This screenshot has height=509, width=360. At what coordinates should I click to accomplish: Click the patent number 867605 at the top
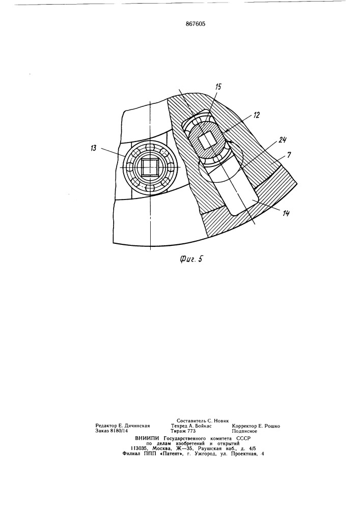pyautogui.click(x=196, y=24)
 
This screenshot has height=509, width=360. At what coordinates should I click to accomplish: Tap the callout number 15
pyautogui.click(x=218, y=87)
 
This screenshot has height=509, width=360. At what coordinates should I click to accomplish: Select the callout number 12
pyautogui.click(x=257, y=115)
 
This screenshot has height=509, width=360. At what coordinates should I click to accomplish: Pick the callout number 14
pyautogui.click(x=286, y=213)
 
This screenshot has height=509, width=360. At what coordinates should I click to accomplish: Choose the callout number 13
pyautogui.click(x=94, y=148)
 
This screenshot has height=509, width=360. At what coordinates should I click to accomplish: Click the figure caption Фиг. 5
pyautogui.click(x=191, y=259)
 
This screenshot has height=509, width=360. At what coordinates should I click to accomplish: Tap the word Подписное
pyautogui.click(x=244, y=431)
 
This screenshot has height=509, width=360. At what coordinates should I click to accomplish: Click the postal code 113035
pyautogui.click(x=143, y=448)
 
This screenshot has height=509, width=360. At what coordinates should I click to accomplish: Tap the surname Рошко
pyautogui.click(x=272, y=426)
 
